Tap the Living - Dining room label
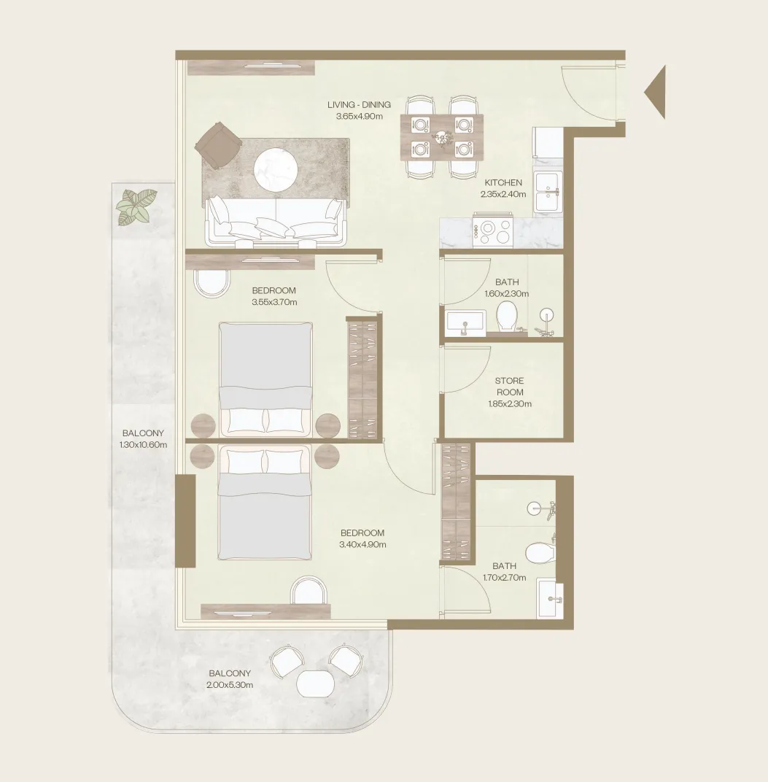point(359,105)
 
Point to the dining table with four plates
point(442,137)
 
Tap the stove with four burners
point(493,231)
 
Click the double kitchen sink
point(548,192)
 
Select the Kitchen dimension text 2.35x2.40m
point(503,195)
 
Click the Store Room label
point(510,387)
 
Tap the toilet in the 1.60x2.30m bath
point(507,316)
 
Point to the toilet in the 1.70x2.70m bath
point(540,551)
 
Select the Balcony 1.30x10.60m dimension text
point(143,445)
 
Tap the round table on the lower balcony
point(316,684)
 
